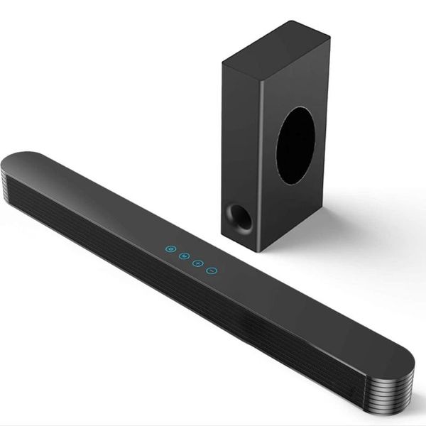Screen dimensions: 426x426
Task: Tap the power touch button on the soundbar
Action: pyautogui.click(x=170, y=249)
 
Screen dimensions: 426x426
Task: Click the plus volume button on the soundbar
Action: pyautogui.click(x=198, y=263)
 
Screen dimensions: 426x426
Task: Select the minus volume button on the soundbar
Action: pyautogui.click(x=211, y=270)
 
